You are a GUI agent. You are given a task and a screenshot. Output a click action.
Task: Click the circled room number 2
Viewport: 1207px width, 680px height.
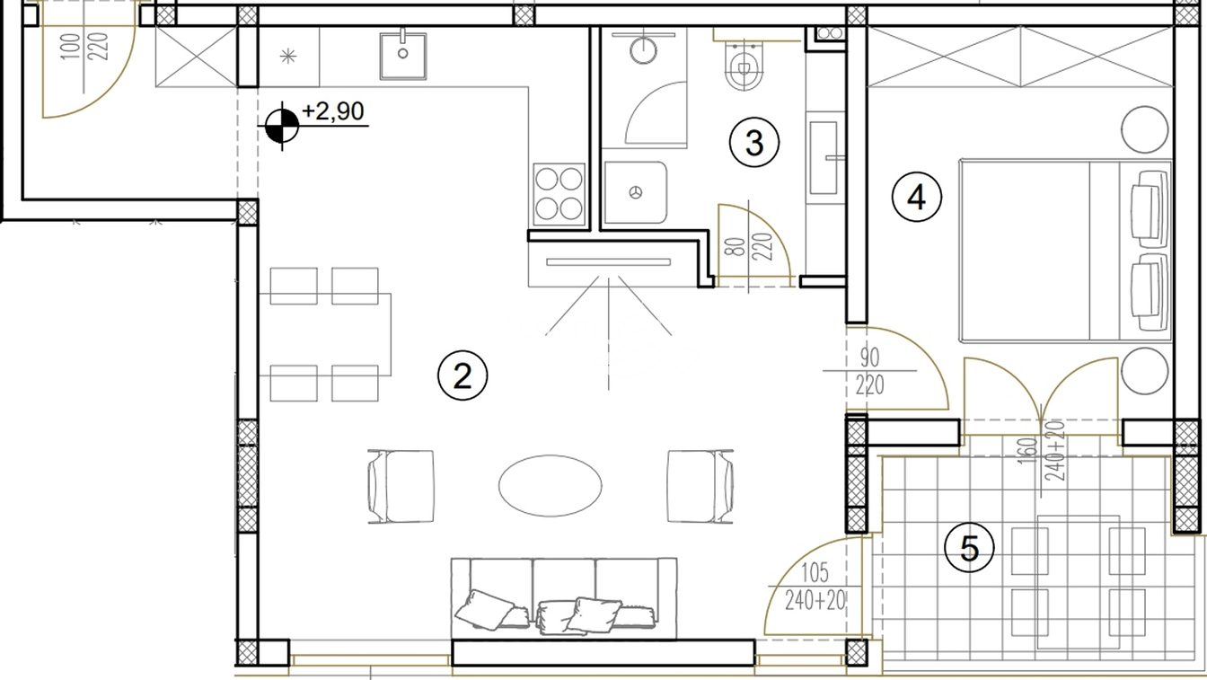point(463,375)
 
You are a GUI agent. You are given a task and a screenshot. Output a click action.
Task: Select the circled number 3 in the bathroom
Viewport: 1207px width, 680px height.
point(753,143)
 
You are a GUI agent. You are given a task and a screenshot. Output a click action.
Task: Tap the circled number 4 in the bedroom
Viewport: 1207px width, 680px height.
point(917,197)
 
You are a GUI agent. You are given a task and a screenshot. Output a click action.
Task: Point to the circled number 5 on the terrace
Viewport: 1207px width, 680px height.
point(969,549)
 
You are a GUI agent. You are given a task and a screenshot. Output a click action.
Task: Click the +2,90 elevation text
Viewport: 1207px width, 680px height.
point(333,111)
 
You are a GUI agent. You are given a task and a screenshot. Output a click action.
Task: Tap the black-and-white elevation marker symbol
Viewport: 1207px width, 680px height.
point(282,126)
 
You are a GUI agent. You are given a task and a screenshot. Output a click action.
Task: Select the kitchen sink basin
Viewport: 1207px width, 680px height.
point(403,56)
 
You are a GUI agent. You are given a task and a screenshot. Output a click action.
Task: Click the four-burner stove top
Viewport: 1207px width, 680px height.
point(559,195)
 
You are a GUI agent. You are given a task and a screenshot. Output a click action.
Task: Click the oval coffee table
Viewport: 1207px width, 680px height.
point(551,485)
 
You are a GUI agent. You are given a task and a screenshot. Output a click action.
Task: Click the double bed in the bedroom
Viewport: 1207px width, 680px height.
point(1065,251)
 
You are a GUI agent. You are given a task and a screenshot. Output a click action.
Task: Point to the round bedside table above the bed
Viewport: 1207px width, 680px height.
point(1145,130)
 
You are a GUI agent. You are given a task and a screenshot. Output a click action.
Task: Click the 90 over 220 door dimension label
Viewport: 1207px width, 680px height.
point(869,371)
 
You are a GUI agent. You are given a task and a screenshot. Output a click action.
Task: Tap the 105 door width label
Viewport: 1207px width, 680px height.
point(815,573)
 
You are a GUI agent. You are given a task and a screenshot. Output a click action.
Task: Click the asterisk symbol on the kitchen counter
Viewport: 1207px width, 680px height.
point(288,56)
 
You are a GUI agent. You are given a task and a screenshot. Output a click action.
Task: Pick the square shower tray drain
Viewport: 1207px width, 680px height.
point(637,192)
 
